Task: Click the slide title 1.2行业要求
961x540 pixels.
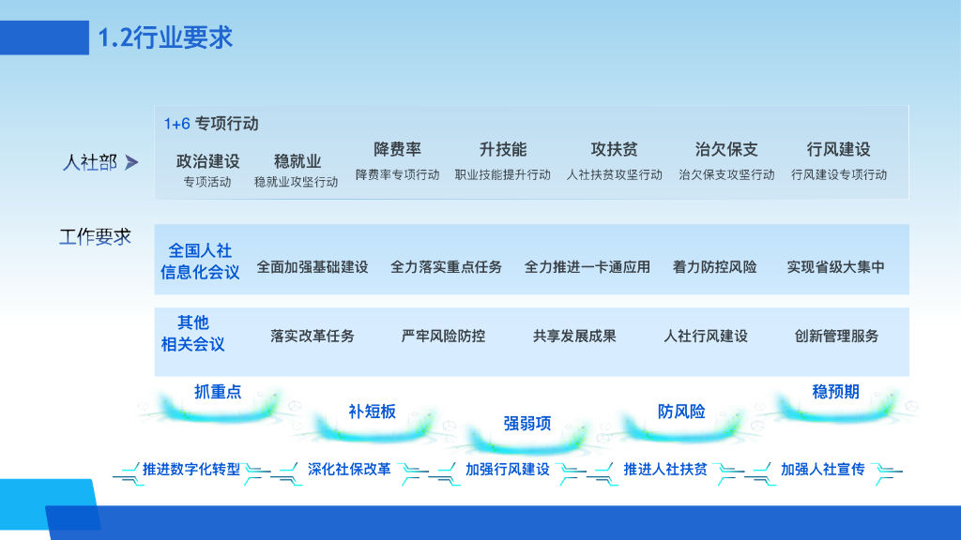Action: pos(165,37)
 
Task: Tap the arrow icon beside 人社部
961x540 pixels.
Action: pos(131,163)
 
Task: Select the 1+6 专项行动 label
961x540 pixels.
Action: pos(211,124)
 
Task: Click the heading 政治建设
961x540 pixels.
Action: pos(207,160)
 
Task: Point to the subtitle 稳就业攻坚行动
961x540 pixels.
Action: pos(296,181)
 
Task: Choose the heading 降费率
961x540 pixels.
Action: pos(397,149)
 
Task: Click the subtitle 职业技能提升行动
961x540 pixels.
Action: pos(502,174)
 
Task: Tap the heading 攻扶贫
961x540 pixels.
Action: pos(614,149)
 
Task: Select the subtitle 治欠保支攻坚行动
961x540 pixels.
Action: pos(726,174)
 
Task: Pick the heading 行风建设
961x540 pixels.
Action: pos(838,149)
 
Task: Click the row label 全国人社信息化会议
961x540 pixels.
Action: pos(200,262)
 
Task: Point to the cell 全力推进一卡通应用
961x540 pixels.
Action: pos(587,267)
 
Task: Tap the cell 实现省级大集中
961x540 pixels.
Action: pos(835,267)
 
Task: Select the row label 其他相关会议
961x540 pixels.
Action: pos(193,334)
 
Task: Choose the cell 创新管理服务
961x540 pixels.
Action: pos(836,336)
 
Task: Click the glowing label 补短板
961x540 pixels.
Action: pos(373,412)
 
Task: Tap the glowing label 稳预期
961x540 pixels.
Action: pos(835,392)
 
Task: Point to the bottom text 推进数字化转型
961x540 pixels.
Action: pos(191,469)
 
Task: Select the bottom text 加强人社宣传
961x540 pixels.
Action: pos(822,469)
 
